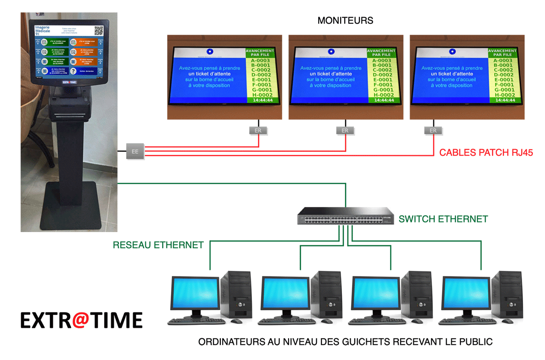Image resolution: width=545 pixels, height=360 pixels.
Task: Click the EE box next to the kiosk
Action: click(135, 151)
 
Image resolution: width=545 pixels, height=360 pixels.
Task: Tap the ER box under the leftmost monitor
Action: click(258, 131)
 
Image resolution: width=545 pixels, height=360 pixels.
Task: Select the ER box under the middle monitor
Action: click(345, 131)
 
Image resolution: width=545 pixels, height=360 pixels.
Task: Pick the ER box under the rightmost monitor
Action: click(433, 131)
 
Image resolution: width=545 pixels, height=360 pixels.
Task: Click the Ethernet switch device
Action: click(346, 217)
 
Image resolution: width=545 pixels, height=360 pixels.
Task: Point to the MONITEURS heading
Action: click(345, 21)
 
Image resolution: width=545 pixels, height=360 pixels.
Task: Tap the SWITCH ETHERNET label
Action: click(443, 219)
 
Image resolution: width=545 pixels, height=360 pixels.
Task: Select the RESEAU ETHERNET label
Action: click(158, 245)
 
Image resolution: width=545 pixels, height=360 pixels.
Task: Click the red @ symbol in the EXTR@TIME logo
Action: click(81, 320)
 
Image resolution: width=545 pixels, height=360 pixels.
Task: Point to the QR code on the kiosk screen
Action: click(99, 31)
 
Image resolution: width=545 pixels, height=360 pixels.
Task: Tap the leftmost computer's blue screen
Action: click(194, 293)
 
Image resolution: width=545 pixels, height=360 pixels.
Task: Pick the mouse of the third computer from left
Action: click(417, 322)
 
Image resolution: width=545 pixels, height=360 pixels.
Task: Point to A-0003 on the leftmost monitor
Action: click(260, 60)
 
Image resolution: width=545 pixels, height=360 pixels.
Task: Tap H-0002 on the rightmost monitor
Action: click(502, 95)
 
